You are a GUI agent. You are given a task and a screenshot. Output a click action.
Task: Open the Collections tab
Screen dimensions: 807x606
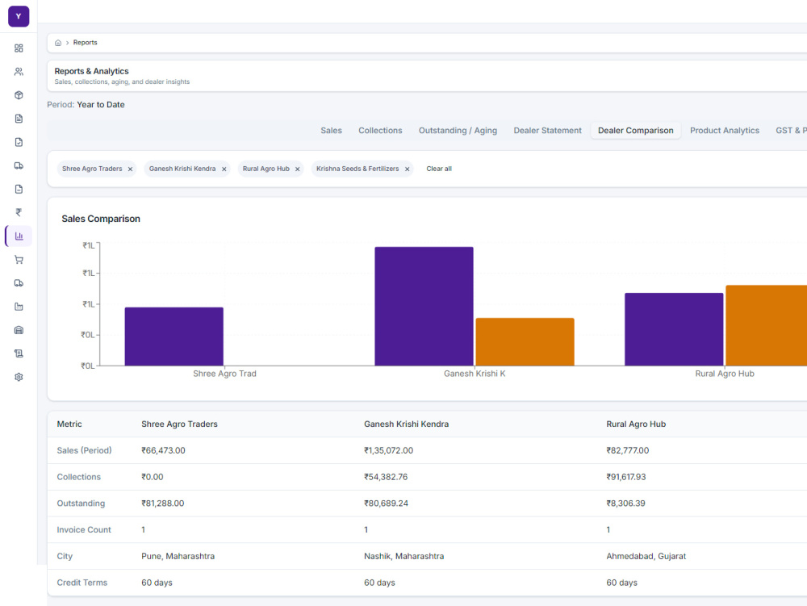[x=380, y=131]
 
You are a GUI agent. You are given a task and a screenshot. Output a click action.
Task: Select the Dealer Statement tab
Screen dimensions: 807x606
[x=548, y=131]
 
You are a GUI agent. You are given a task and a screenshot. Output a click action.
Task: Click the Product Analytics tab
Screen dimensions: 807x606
[x=725, y=131]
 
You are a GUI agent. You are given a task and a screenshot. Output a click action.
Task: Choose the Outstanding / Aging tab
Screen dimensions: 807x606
[x=458, y=131]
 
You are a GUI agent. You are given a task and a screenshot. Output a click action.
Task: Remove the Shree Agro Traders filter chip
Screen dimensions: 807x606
[x=130, y=169]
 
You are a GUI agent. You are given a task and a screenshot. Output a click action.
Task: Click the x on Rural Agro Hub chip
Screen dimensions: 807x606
[x=298, y=169]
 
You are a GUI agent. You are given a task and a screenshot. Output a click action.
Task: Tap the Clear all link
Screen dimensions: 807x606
[x=439, y=169]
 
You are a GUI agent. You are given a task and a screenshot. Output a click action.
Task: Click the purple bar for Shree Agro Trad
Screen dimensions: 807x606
[x=174, y=336]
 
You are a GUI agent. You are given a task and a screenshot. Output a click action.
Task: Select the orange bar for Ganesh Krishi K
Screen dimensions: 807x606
[x=525, y=341]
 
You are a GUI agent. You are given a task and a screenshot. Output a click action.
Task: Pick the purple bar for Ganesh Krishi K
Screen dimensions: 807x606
[x=424, y=306]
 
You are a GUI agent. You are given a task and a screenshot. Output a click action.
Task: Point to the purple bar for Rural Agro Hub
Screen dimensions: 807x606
[x=674, y=329]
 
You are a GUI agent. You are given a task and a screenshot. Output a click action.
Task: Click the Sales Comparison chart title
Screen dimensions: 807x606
[x=101, y=219]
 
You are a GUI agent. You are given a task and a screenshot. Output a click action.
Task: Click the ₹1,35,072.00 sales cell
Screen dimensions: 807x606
[x=389, y=450]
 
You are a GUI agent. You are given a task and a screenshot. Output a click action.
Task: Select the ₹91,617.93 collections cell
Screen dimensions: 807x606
[x=626, y=477]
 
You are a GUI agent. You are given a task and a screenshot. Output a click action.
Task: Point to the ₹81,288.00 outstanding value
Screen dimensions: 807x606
[x=163, y=503]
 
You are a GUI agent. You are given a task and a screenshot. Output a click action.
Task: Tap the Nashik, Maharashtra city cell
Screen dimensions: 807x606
[x=404, y=556]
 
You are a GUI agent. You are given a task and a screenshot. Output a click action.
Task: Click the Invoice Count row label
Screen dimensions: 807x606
[x=84, y=530]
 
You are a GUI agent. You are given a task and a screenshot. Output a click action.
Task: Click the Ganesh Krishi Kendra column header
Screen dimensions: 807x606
[x=407, y=424]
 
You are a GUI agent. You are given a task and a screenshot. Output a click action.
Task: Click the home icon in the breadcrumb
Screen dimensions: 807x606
[x=58, y=43]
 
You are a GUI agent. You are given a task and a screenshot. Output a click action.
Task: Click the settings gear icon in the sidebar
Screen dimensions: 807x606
[x=19, y=377]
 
